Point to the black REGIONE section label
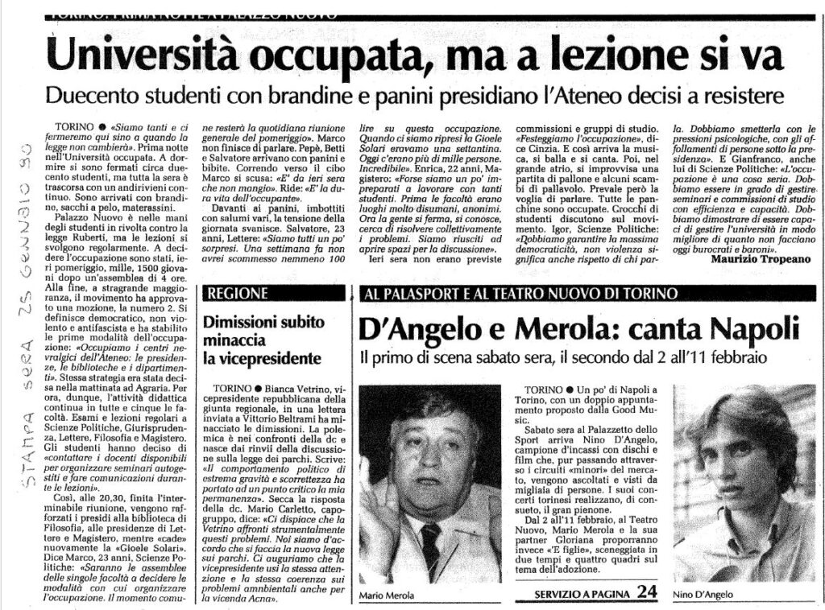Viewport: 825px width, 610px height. [238, 293]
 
